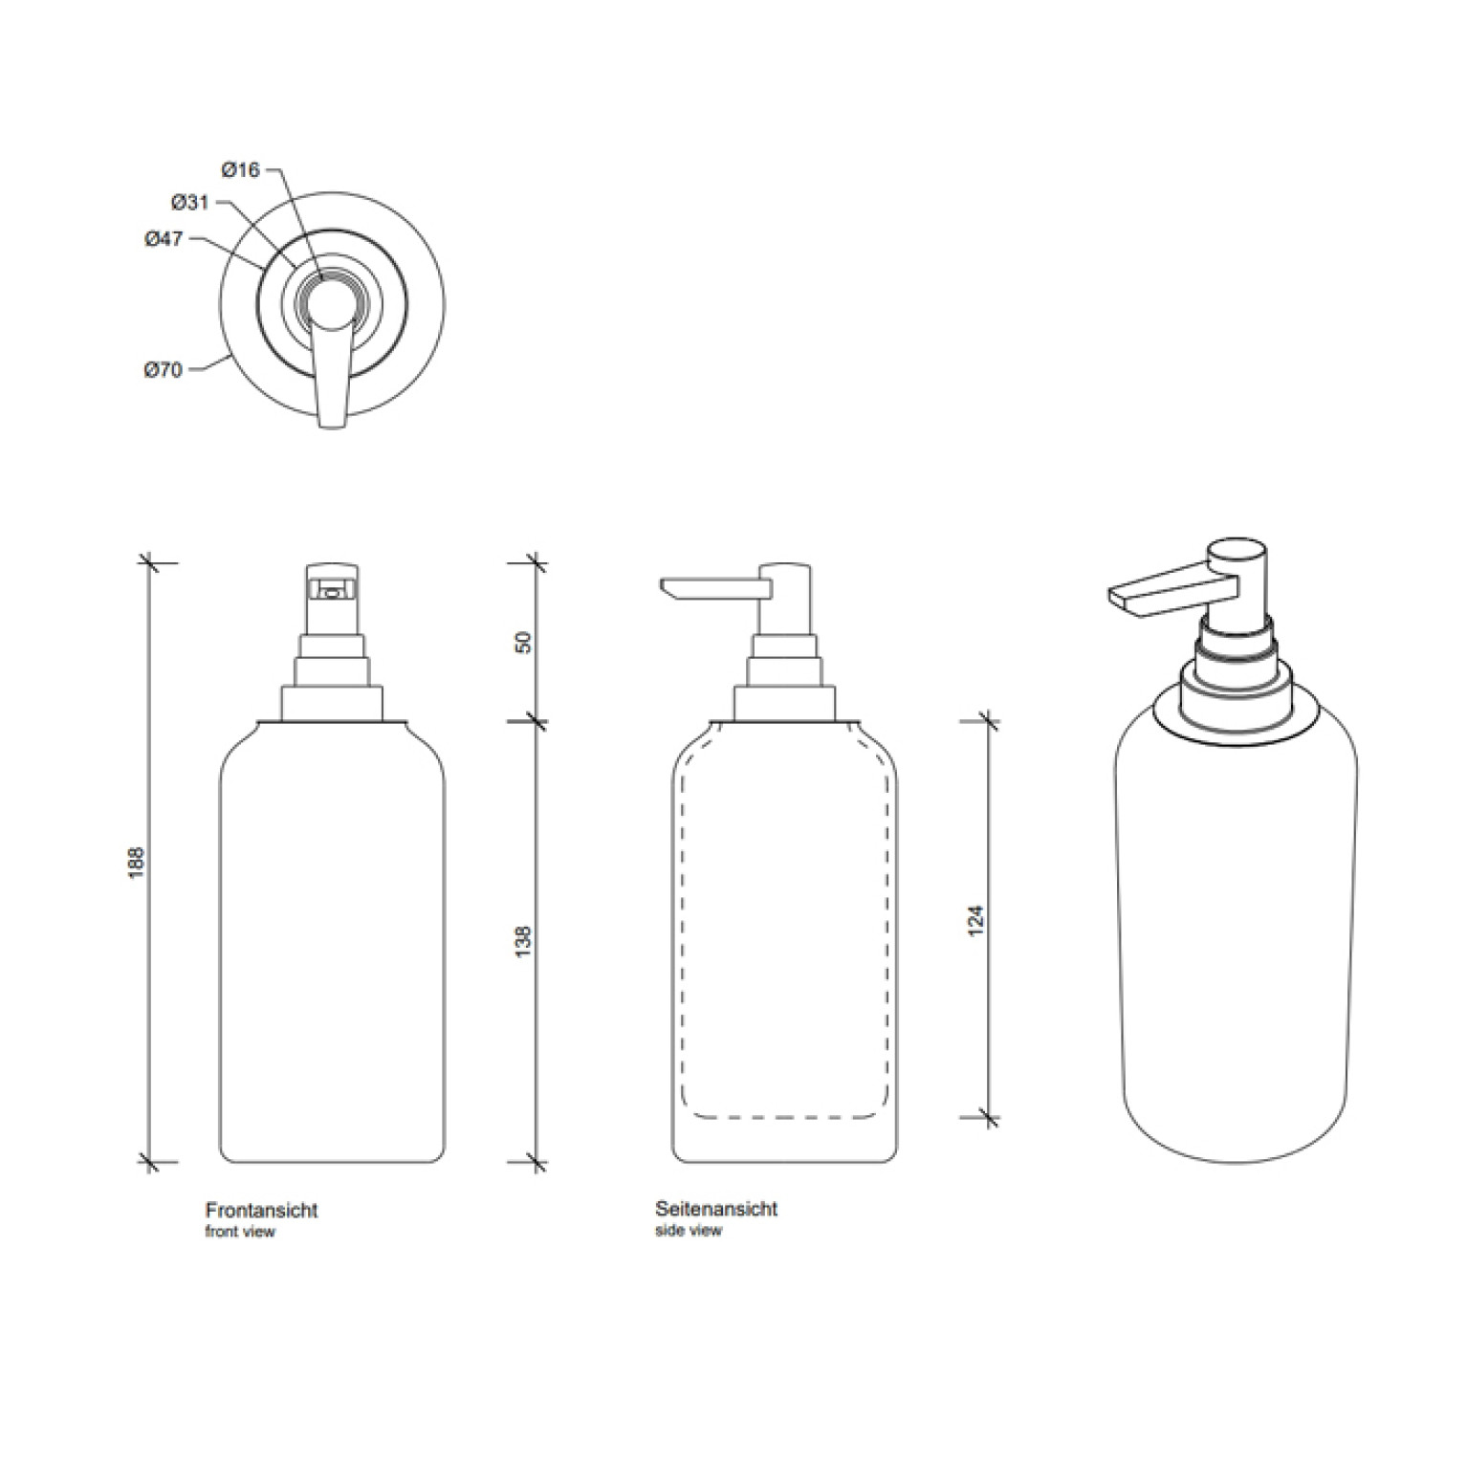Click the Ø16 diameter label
point(240,170)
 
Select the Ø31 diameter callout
point(189,203)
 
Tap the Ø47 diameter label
point(164,239)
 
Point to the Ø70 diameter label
point(164,370)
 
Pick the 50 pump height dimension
point(522,642)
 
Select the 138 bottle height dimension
point(522,942)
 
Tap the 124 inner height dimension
point(975,920)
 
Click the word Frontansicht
point(261,1210)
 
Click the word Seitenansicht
point(716,1209)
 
